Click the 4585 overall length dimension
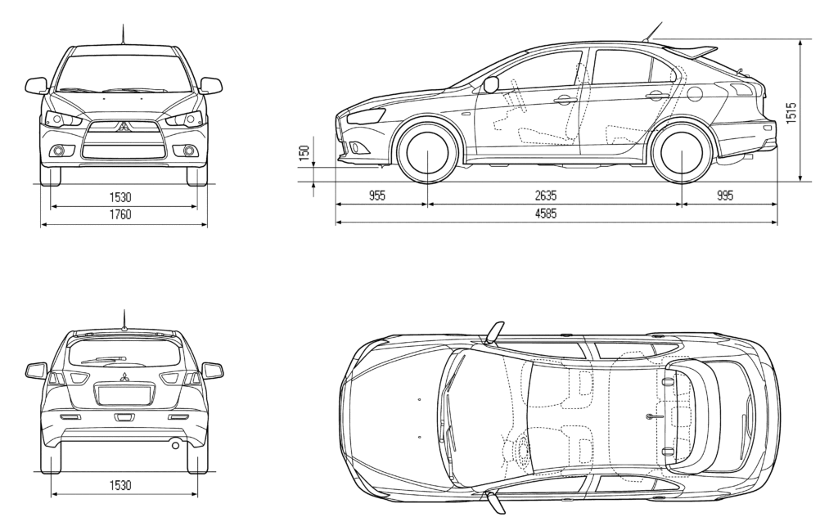[546, 214]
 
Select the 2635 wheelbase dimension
[546, 196]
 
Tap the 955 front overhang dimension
[376, 196]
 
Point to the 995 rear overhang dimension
[725, 196]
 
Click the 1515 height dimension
[791, 113]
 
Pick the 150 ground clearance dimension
[304, 153]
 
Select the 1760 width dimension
[120, 214]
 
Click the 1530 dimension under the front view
[120, 197]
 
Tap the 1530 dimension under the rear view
[120, 485]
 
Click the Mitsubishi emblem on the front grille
[124, 127]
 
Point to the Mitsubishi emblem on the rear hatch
[124, 376]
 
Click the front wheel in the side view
[428, 151]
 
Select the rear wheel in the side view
[683, 151]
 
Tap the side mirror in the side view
[491, 85]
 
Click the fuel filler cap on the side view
[694, 94]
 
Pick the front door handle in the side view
[565, 99]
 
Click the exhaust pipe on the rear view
[175, 444]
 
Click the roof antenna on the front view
[124, 34]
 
